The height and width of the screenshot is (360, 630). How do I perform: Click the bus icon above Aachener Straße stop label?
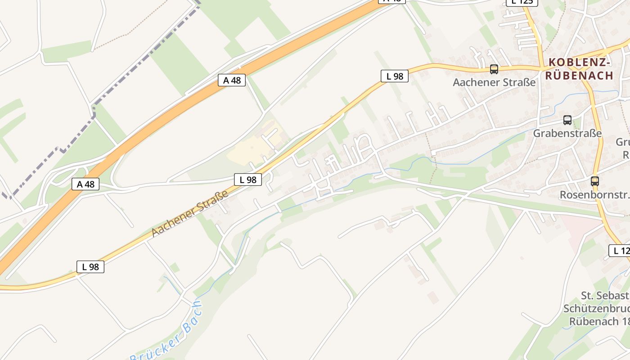click(x=494, y=69)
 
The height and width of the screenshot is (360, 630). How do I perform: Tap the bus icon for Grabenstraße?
click(x=567, y=120)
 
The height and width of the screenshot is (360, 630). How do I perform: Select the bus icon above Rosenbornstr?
click(x=594, y=181)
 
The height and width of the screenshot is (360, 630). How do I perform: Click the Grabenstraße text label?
click(x=567, y=133)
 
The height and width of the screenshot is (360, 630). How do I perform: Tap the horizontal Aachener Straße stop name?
click(x=494, y=82)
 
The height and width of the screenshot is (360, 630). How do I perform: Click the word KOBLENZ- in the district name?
click(x=579, y=63)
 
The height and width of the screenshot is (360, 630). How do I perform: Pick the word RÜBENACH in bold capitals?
click(x=579, y=76)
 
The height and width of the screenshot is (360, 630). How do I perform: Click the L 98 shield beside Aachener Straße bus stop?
click(x=395, y=76)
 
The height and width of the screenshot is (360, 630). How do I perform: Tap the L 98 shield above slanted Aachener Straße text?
click(x=247, y=180)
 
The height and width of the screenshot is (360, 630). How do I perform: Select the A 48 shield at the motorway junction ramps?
click(x=85, y=184)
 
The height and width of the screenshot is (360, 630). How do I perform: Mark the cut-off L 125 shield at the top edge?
click(x=522, y=2)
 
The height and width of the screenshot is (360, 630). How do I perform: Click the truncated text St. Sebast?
click(x=605, y=296)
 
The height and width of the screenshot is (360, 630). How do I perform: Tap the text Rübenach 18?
click(x=599, y=322)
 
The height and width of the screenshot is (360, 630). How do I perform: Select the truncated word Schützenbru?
click(x=596, y=309)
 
